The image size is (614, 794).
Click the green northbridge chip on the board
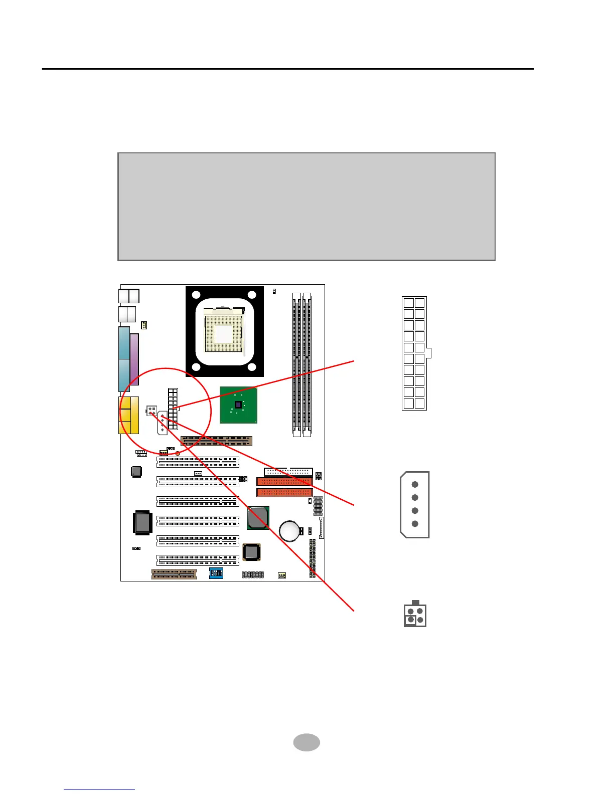[238, 405]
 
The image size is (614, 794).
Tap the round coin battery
[289, 530]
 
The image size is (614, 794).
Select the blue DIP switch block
[216, 573]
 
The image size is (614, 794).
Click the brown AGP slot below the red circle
[216, 441]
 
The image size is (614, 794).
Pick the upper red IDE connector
[284, 482]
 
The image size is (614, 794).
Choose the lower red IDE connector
[284, 492]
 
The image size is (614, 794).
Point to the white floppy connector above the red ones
[288, 472]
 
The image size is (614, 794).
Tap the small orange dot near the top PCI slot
[178, 453]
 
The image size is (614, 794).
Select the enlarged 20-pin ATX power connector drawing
[415, 353]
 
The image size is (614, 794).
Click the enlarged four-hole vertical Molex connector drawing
[415, 504]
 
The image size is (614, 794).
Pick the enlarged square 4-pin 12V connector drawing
[415, 615]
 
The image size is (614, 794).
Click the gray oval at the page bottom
[306, 742]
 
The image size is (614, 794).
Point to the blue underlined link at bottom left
[99, 789]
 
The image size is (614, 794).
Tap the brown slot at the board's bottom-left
[174, 574]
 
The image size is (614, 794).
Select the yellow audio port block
[129, 415]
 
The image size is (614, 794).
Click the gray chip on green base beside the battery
[258, 518]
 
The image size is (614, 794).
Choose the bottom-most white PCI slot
[198, 560]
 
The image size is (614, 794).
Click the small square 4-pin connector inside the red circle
[151, 411]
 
